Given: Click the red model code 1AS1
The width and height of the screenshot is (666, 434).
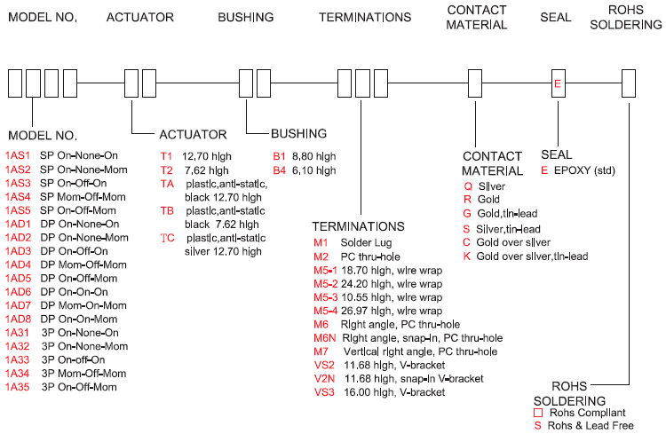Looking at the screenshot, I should [18, 155].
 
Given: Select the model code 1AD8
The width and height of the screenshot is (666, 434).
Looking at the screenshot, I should [18, 318].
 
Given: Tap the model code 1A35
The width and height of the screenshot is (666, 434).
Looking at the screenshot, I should [18, 387].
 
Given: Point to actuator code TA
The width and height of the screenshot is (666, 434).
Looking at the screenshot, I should [167, 182].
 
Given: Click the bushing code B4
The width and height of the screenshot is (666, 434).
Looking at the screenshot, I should [280, 169].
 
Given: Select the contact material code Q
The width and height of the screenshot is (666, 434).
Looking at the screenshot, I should [468, 187].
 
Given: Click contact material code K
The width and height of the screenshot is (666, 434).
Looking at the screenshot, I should [468, 256].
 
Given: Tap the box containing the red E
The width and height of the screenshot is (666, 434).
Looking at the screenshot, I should [558, 84].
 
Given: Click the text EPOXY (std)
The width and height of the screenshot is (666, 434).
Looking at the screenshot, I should [587, 169].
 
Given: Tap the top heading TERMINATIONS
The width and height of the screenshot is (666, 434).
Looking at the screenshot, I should [365, 18].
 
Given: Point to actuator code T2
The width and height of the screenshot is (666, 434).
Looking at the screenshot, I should [167, 169].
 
